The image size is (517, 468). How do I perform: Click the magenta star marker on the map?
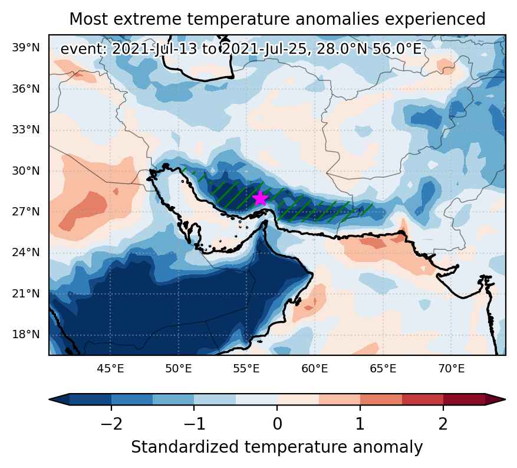[x=260, y=198]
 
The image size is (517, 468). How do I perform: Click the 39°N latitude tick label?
[x=26, y=48]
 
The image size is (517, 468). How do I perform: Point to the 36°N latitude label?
[x=26, y=89]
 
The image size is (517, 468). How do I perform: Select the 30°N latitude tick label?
[x=26, y=171]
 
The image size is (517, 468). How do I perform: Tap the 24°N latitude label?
[x=26, y=253]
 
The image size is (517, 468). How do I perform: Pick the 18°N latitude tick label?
[x=26, y=335]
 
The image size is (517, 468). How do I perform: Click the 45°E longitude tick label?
[x=110, y=368]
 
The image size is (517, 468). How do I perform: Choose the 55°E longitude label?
[x=246, y=368]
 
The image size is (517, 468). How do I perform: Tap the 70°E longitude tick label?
[x=452, y=368]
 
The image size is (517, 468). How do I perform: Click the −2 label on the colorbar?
[x=111, y=424]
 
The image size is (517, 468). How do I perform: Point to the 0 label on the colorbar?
[x=277, y=424]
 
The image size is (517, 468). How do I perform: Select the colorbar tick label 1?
[x=360, y=424]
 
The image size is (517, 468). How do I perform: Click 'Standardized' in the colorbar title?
[x=185, y=447]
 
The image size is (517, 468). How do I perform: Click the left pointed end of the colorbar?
[x=49, y=400]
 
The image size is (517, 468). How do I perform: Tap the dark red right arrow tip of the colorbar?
[x=505, y=400]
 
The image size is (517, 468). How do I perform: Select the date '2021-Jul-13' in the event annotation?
[x=155, y=50]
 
